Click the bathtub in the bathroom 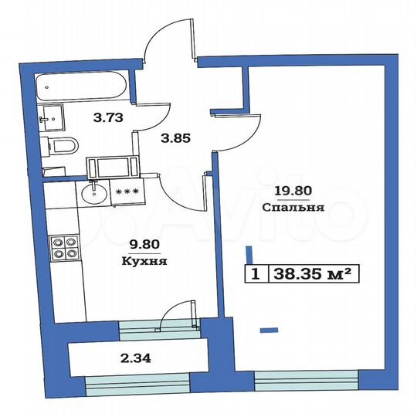click(x=85, y=86)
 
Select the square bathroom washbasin click(x=53, y=117)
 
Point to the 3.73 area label click(x=106, y=117)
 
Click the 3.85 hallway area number click(x=175, y=140)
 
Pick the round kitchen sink click(x=93, y=193)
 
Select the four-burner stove click(x=63, y=249)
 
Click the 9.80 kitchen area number click(x=145, y=246)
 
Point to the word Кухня click(x=145, y=261)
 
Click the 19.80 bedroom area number click(x=286, y=193)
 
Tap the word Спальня click(x=286, y=208)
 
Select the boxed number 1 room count click(x=253, y=273)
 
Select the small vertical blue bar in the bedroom click(x=249, y=254)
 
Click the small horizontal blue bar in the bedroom click(x=268, y=330)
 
